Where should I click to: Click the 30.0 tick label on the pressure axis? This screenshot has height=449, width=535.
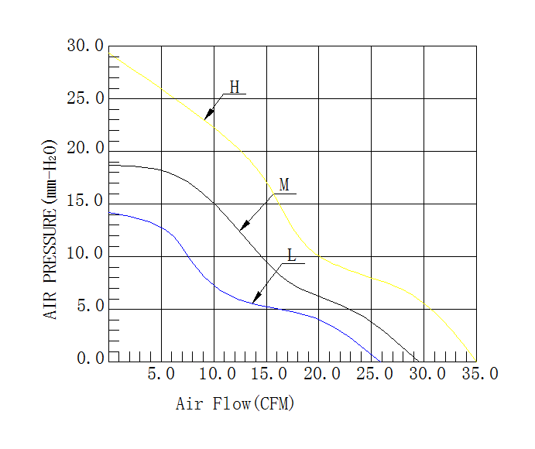click(85, 46)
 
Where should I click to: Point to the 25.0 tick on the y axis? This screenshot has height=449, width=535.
click(85, 99)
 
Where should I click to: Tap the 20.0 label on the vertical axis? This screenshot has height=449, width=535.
click(85, 149)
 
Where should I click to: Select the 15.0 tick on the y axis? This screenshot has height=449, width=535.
click(85, 201)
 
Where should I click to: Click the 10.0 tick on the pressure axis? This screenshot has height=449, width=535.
click(85, 254)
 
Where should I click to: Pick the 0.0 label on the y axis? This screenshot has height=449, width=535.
click(90, 358)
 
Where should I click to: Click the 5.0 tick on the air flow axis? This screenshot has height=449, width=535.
click(160, 375)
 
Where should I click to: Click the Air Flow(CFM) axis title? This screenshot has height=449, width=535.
click(235, 404)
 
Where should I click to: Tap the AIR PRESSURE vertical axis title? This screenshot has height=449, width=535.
click(50, 229)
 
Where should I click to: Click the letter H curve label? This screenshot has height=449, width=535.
click(234, 87)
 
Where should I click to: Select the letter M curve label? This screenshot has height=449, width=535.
click(284, 185)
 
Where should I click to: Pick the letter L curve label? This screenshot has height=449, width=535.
click(292, 255)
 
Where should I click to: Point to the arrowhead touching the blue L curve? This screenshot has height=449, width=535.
click(256, 299)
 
